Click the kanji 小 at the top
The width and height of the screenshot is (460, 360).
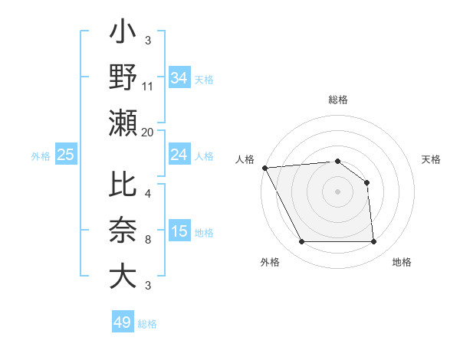[x=123, y=35]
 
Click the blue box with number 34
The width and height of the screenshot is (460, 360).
[x=179, y=77]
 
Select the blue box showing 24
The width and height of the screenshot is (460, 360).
[x=179, y=155]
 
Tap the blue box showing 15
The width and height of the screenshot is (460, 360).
[x=179, y=232]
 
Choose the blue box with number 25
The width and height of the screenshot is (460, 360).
[x=66, y=155]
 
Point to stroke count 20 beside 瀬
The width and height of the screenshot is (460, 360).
[x=148, y=133]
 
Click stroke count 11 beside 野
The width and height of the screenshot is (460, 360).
[x=148, y=87]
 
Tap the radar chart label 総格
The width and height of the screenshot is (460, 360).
[x=338, y=100]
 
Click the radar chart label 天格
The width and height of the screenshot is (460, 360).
[x=431, y=159]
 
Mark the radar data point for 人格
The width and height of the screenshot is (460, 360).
[x=264, y=167]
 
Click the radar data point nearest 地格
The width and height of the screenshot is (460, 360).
[x=373, y=242]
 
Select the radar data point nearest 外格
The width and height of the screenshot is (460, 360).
[x=301, y=242]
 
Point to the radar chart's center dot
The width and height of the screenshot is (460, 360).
[x=337, y=191]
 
